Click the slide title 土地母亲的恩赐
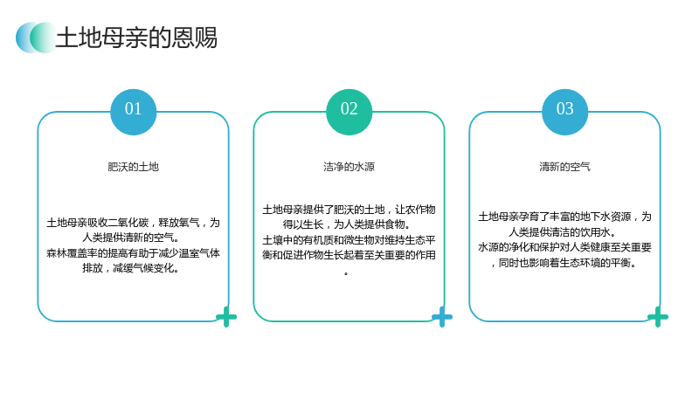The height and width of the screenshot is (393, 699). (x=136, y=38)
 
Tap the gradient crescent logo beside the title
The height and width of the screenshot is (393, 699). (x=36, y=38)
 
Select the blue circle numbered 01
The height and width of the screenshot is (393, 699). (x=134, y=112)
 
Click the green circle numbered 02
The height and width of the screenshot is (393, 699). (x=349, y=112)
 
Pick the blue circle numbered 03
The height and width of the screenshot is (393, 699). (x=564, y=112)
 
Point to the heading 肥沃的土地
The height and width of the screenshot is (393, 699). (x=134, y=167)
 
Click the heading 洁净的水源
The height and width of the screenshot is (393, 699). (x=349, y=167)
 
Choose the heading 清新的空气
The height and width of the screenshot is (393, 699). (x=564, y=167)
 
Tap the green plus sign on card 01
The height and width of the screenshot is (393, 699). (x=226, y=317)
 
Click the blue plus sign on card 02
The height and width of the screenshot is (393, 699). (x=442, y=317)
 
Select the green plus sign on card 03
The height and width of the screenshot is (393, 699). (x=658, y=317)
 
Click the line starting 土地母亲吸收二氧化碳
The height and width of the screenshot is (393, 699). (x=134, y=223)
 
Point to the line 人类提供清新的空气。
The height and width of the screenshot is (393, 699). (x=130, y=238)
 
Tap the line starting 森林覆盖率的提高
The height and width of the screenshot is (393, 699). (x=134, y=253)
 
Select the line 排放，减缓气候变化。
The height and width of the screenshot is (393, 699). (x=130, y=268)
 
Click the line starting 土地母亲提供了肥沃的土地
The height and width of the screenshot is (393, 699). (x=349, y=210)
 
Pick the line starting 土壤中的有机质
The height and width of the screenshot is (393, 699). (x=349, y=240)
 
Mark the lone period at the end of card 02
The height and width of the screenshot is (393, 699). (x=346, y=273)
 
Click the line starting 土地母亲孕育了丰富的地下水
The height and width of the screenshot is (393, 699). (x=564, y=217)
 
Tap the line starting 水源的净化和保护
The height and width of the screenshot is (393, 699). (x=564, y=247)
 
